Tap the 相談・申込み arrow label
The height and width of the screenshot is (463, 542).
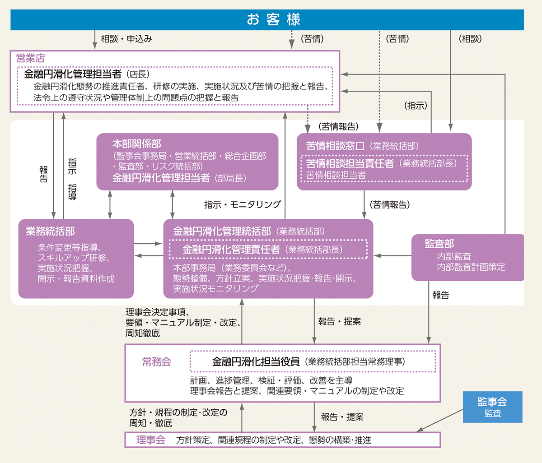(126, 39)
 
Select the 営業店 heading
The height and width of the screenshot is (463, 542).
(30, 58)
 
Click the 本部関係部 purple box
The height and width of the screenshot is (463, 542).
(187, 161)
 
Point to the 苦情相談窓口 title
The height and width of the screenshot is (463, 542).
(335, 146)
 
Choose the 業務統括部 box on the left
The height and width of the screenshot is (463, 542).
(76, 258)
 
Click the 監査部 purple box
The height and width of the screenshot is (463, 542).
(467, 257)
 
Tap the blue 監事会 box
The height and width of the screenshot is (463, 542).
(492, 407)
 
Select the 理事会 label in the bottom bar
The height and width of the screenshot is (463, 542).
(151, 440)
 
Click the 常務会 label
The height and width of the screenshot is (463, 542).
(156, 362)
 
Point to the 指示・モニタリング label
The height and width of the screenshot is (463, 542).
(243, 204)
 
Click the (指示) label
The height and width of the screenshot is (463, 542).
(416, 106)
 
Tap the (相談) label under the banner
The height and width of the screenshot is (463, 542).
(470, 39)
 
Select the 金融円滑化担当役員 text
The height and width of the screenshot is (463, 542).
(256, 361)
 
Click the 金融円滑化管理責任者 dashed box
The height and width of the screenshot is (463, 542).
(268, 250)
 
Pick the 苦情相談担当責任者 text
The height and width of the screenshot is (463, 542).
(350, 163)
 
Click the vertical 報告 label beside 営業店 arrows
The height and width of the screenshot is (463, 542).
(43, 174)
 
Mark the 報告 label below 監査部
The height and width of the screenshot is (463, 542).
(440, 295)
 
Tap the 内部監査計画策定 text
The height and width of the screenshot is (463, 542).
(471, 267)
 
